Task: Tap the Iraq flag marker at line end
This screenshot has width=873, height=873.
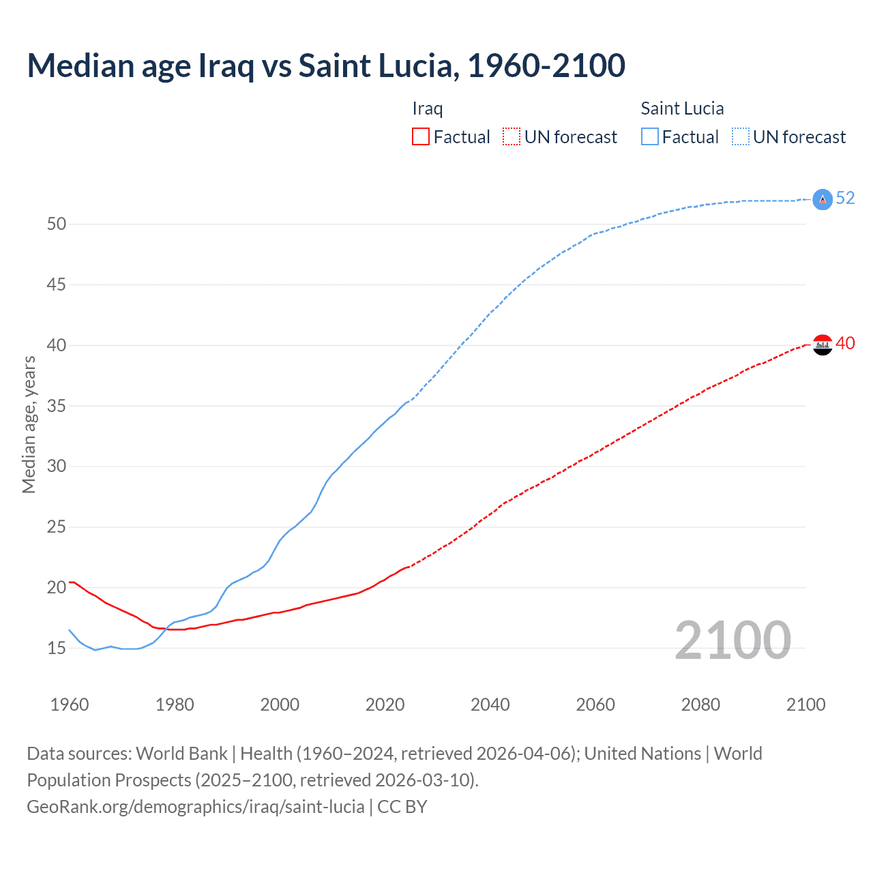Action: coord(823,345)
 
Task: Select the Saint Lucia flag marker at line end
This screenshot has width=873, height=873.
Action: coord(823,199)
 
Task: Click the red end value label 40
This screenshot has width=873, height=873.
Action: coord(845,343)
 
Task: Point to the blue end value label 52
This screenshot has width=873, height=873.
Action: coord(845,198)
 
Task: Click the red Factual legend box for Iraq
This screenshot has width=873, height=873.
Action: coord(421,137)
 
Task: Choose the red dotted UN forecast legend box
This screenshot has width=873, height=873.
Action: coord(512,137)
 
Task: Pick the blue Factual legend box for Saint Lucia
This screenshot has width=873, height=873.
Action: coord(650,137)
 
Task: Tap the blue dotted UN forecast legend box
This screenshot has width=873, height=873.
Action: coord(740,137)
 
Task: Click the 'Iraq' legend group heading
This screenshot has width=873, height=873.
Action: coord(428,108)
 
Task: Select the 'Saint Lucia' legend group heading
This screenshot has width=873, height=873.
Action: coord(682,108)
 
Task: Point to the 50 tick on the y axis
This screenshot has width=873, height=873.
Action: coord(57,224)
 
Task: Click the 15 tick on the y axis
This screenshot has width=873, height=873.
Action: coord(57,648)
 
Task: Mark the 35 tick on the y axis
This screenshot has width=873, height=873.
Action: coord(57,406)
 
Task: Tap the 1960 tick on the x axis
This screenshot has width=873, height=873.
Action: coord(70,705)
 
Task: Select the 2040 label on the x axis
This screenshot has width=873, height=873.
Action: coord(490,705)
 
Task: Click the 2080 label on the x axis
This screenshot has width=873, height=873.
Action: coord(700,705)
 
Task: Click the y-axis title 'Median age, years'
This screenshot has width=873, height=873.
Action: coord(29,424)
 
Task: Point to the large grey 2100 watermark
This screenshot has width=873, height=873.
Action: coord(733,640)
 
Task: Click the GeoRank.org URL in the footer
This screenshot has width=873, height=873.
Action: coord(196,807)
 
